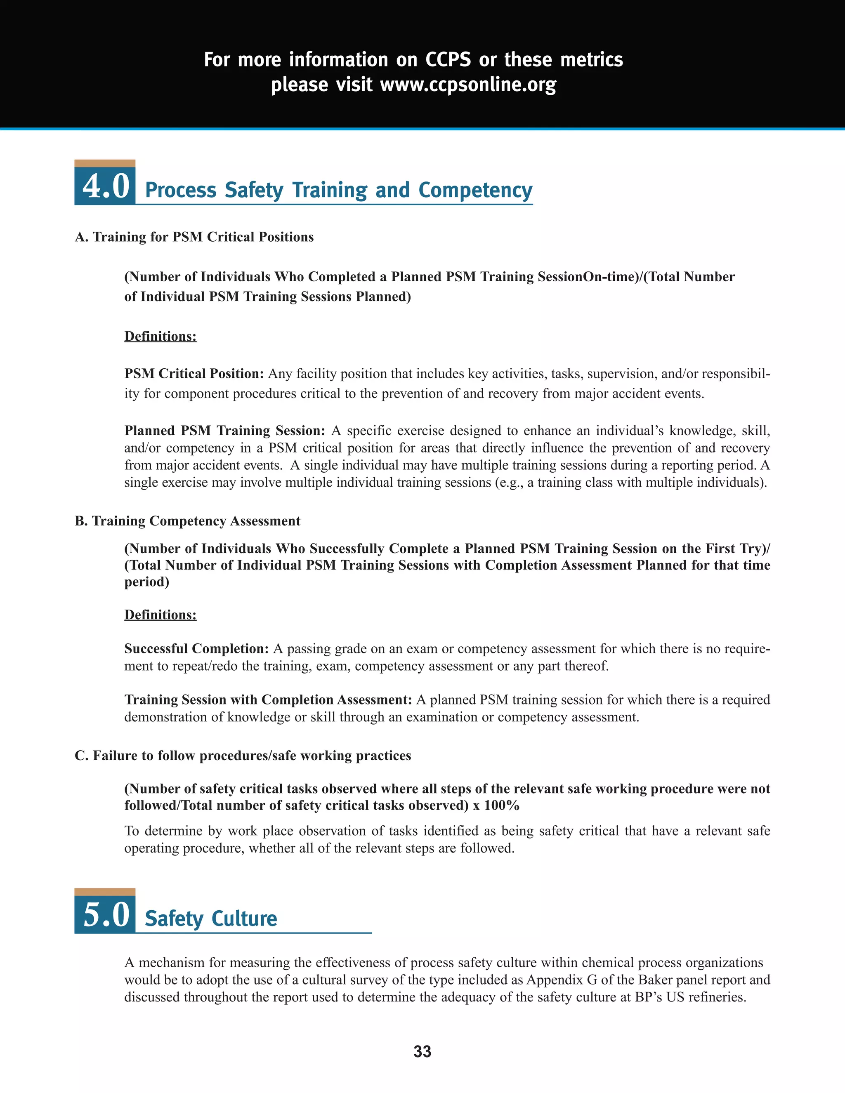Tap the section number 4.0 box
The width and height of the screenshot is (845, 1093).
pyautogui.click(x=105, y=186)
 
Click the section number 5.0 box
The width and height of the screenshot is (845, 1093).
pyautogui.click(x=105, y=914)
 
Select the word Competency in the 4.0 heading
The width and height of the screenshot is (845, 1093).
pyautogui.click(x=475, y=191)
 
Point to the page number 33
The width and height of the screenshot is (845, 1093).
pyautogui.click(x=422, y=1051)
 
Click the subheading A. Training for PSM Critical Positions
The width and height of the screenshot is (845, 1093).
pyautogui.click(x=194, y=237)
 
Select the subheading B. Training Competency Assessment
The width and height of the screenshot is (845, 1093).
pyautogui.click(x=187, y=521)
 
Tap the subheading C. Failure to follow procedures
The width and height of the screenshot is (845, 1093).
pyautogui.click(x=243, y=755)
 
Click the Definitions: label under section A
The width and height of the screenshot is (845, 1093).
pyautogui.click(x=160, y=336)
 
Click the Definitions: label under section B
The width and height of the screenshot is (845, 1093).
pyautogui.click(x=160, y=615)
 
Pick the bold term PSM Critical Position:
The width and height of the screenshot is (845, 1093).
pyautogui.click(x=194, y=374)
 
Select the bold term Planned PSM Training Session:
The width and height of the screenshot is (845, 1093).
pyautogui.click(x=225, y=431)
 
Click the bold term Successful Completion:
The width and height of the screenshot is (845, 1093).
pyautogui.click(x=197, y=649)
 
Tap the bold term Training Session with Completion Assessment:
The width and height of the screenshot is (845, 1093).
pyautogui.click(x=268, y=700)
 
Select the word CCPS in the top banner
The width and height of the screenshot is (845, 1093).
pyautogui.click(x=448, y=59)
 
